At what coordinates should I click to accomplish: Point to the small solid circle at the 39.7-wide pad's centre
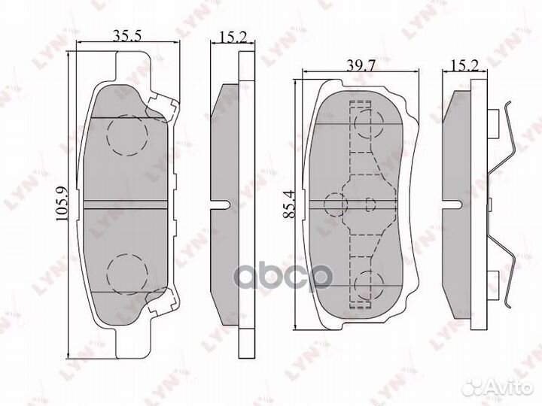[x=370, y=203]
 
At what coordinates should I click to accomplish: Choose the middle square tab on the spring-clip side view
[x=491, y=203]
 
